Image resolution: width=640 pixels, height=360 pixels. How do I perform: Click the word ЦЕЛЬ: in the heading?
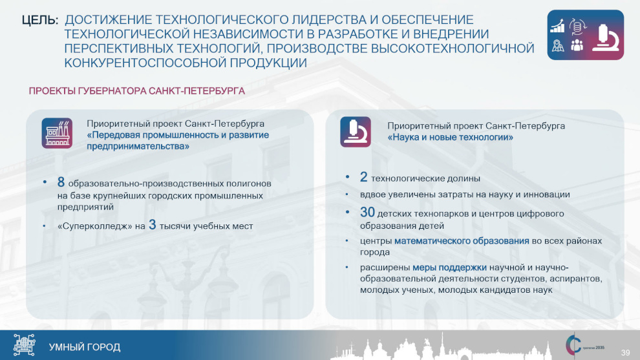pyautogui.click(x=40, y=20)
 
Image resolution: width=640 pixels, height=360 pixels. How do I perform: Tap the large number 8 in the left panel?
pyautogui.click(x=61, y=182)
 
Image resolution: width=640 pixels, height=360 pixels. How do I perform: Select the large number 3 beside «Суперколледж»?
pyautogui.click(x=153, y=225)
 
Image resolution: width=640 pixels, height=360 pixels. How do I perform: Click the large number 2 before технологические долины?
pyautogui.click(x=364, y=177)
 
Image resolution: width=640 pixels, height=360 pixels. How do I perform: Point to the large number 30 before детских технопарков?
pyautogui.click(x=367, y=212)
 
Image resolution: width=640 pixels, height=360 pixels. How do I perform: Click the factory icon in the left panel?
pyautogui.click(x=57, y=133)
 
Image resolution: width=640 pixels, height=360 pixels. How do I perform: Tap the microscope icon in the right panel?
pyautogui.click(x=356, y=132)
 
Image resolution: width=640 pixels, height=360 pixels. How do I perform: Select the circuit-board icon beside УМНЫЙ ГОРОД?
pyautogui.click(x=24, y=345)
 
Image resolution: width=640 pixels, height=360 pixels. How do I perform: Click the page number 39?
pyautogui.click(x=625, y=353)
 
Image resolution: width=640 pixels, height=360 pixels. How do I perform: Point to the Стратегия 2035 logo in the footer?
pyautogui.click(x=584, y=346)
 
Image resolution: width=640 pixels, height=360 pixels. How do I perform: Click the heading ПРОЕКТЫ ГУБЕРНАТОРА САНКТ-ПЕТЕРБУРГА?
pyautogui.click(x=137, y=91)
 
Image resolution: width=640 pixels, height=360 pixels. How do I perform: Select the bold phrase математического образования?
pyautogui.click(x=462, y=241)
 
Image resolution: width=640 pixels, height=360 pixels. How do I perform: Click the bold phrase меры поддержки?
pyautogui.click(x=449, y=268)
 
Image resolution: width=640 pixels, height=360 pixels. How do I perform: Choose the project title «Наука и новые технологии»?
pyautogui.click(x=450, y=137)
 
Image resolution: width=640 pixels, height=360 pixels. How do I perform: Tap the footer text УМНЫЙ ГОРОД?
pyautogui.click(x=85, y=347)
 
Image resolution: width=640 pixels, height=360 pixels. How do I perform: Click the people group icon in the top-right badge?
pyautogui.click(x=577, y=45)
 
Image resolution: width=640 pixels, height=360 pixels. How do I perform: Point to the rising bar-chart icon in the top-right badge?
pyautogui.click(x=557, y=26)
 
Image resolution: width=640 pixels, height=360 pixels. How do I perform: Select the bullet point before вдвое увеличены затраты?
pyautogui.click(x=347, y=195)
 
